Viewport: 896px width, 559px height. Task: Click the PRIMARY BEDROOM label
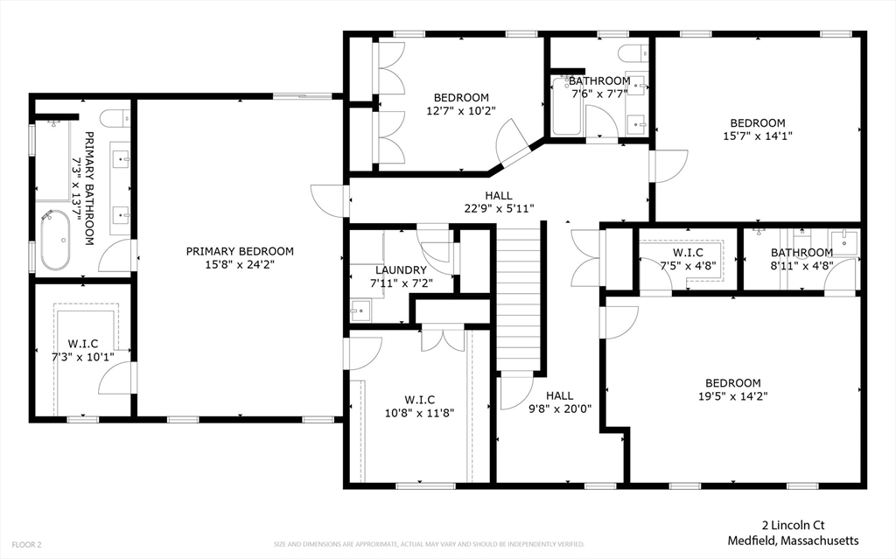pos(240,251)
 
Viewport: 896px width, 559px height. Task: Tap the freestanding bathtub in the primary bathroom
pos(55,240)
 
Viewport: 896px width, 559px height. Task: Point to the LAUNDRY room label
pos(401,269)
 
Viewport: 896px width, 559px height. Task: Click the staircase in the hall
pos(518,297)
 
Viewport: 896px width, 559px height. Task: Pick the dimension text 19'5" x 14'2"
pos(733,395)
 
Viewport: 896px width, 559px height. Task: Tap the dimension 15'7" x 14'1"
pos(758,136)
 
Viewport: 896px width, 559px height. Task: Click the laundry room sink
pos(360,311)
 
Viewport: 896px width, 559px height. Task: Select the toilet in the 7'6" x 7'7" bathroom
pos(633,53)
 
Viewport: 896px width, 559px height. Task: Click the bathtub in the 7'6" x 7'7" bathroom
pos(567,107)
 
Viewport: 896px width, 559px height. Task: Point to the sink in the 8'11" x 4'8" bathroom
pos(844,240)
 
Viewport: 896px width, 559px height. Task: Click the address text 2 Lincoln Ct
pos(793,525)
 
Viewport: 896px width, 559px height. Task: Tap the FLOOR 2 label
pos(26,545)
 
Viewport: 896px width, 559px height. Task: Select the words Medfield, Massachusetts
pos(793,541)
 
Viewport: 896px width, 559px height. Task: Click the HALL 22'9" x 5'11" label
pos(499,202)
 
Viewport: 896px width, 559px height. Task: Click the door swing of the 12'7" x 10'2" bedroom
pos(510,144)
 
